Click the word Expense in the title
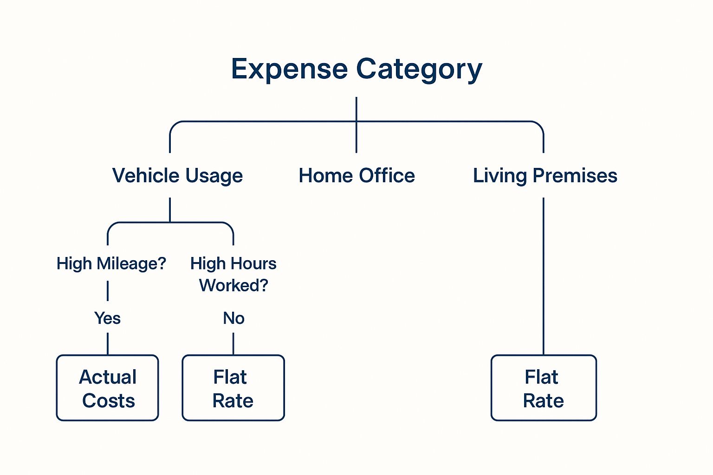(289, 70)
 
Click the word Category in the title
(419, 70)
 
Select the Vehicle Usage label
(177, 176)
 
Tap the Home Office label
(357, 175)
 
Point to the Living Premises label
(545, 176)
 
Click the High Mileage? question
(111, 263)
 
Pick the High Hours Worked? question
(233, 274)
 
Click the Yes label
(107, 318)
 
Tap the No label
(233, 318)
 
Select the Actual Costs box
(108, 388)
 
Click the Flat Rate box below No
(233, 388)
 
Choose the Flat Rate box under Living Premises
(544, 388)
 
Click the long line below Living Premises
(544, 276)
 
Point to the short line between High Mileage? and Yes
(108, 291)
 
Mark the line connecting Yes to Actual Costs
(108, 344)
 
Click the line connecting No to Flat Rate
(233, 344)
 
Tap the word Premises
(575, 175)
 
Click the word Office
(387, 175)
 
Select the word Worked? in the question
(233, 285)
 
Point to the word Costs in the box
(109, 401)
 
